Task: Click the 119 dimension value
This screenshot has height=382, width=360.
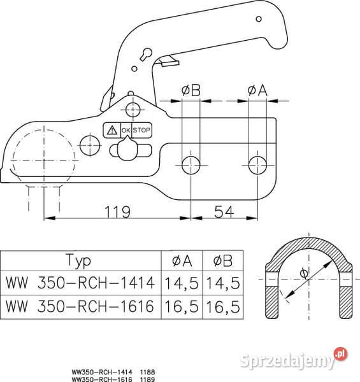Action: tap(118, 211)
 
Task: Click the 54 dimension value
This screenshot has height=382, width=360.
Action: tap(224, 211)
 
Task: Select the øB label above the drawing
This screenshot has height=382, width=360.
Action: tap(191, 90)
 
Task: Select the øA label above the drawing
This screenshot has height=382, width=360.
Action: tap(257, 90)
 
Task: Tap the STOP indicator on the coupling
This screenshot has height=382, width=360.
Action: tap(141, 130)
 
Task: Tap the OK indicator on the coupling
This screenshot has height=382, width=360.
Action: tap(126, 130)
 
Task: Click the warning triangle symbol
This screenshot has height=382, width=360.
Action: tap(112, 130)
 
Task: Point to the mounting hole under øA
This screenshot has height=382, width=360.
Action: tap(257, 164)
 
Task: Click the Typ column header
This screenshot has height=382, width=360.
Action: tap(78, 261)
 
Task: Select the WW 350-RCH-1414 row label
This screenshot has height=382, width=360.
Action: tap(80, 282)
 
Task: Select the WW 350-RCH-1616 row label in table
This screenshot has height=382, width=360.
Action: tap(80, 306)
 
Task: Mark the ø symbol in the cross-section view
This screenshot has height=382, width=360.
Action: tap(304, 274)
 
